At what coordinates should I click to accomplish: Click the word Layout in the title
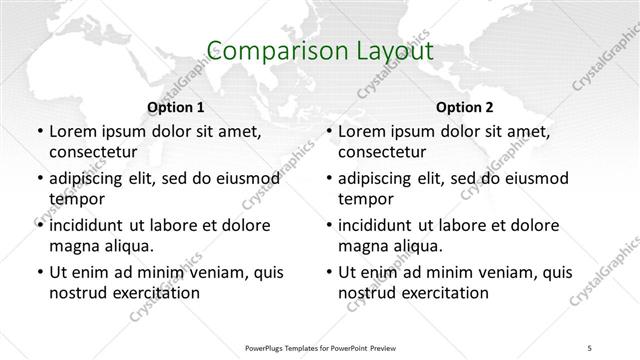385,51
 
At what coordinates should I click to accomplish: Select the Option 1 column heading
175,106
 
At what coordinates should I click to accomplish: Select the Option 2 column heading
465,106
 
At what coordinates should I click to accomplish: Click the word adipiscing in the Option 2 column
383,178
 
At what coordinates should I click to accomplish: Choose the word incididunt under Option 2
382,225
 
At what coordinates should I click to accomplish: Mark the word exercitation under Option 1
155,293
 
